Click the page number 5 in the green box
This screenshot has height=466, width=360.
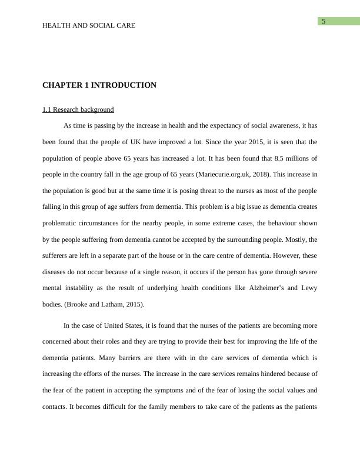click(324, 22)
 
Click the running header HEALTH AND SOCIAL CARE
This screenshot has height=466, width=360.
click(89, 25)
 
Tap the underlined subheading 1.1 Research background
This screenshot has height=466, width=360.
click(78, 109)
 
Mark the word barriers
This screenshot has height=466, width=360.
click(119, 357)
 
